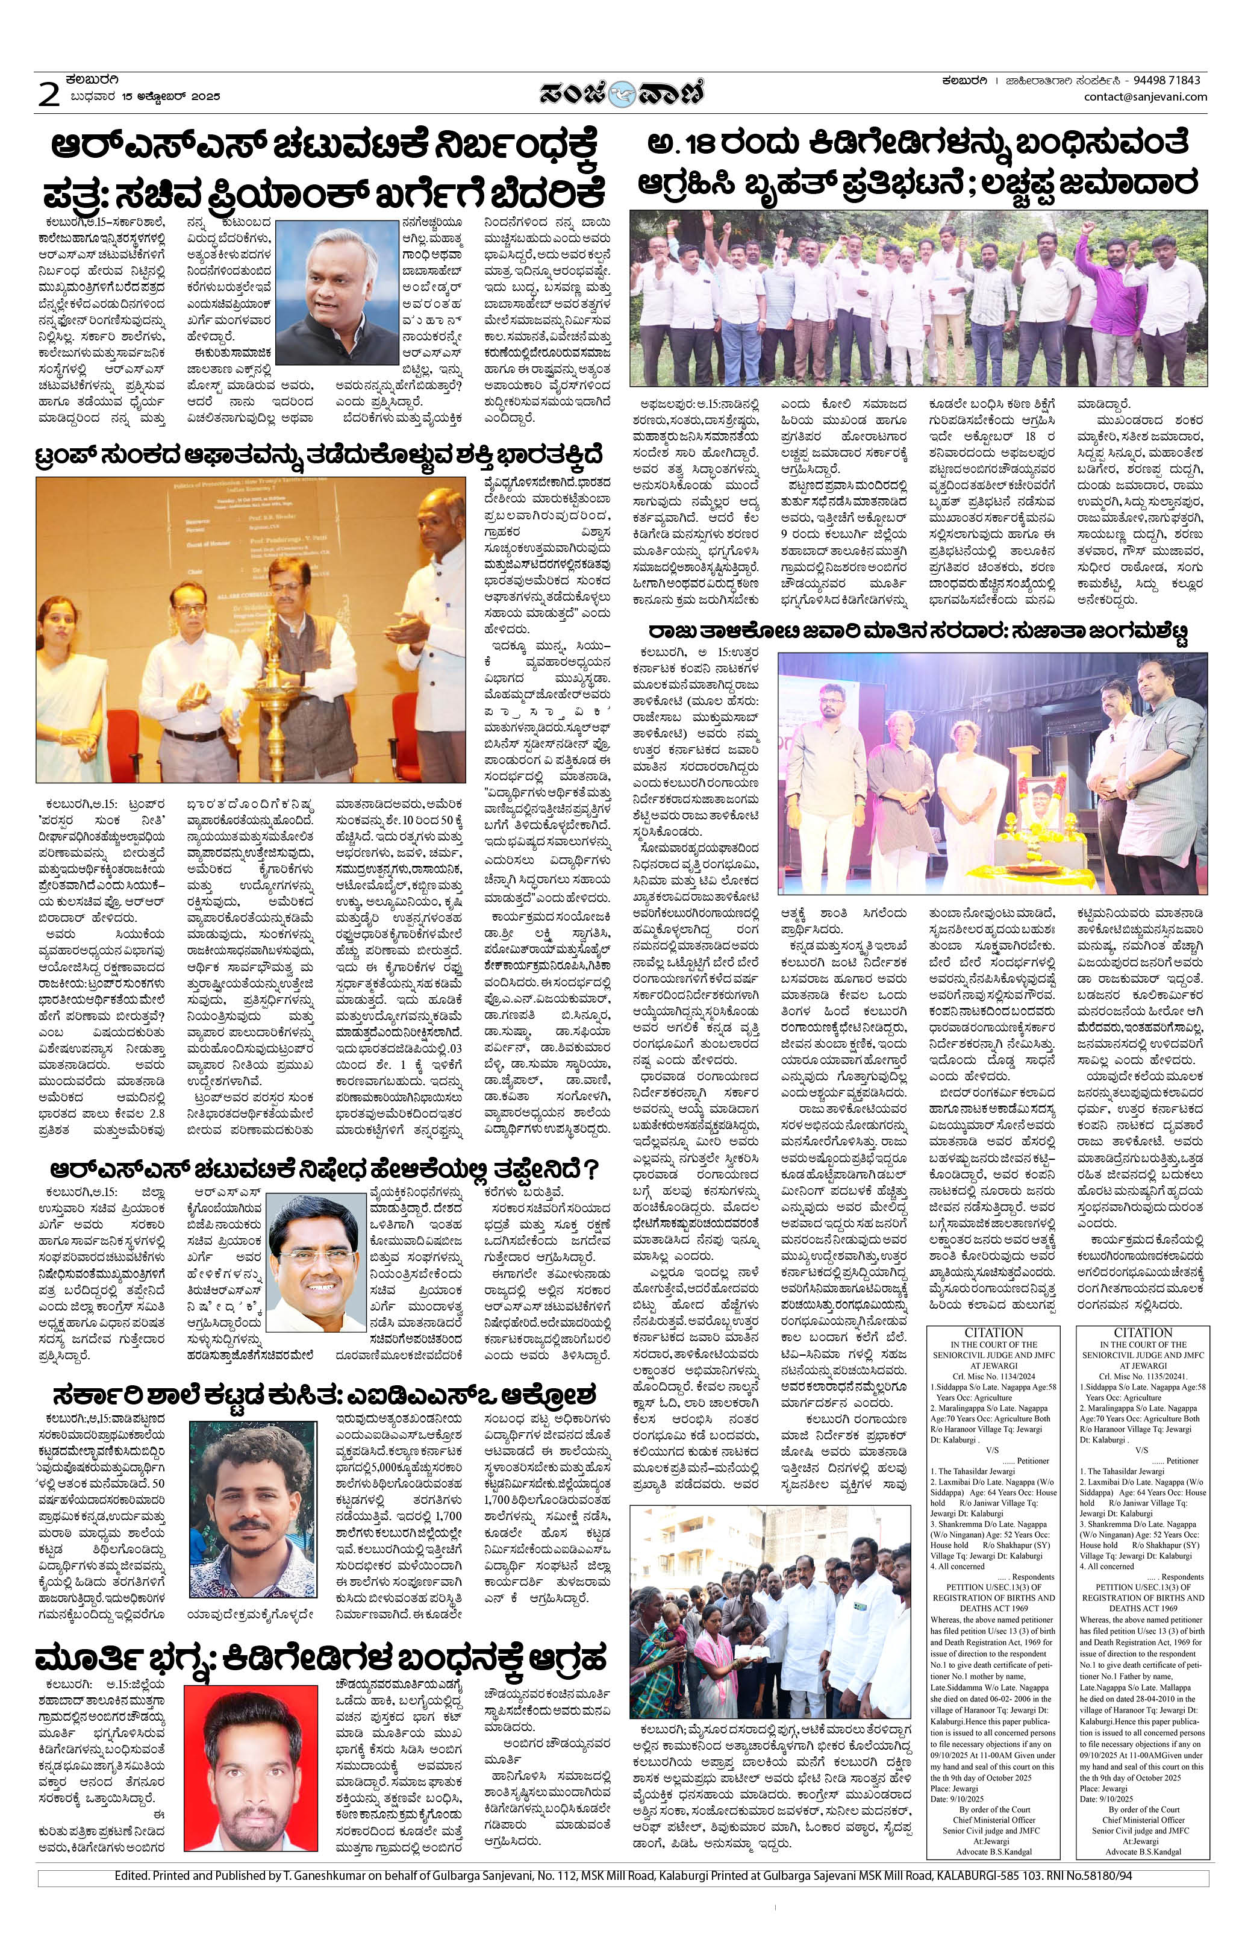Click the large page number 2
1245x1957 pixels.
49,95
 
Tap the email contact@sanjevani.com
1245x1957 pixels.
1145,97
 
